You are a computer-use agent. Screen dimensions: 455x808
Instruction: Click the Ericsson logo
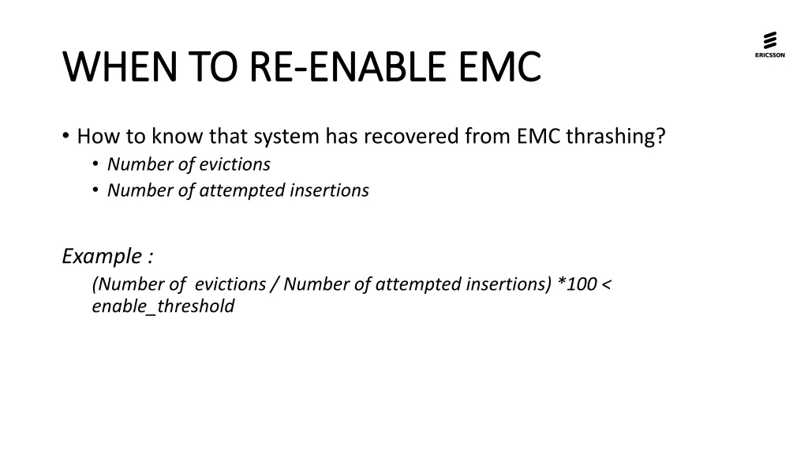769,43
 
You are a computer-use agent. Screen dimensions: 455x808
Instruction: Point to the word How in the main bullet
95,137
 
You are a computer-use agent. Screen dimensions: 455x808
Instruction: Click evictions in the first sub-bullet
234,164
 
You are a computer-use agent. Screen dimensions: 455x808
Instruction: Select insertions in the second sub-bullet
331,190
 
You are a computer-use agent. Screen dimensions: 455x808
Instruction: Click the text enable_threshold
163,306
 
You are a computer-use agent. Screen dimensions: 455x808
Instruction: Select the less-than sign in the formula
606,284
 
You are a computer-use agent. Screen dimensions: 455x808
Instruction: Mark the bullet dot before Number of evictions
95,164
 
